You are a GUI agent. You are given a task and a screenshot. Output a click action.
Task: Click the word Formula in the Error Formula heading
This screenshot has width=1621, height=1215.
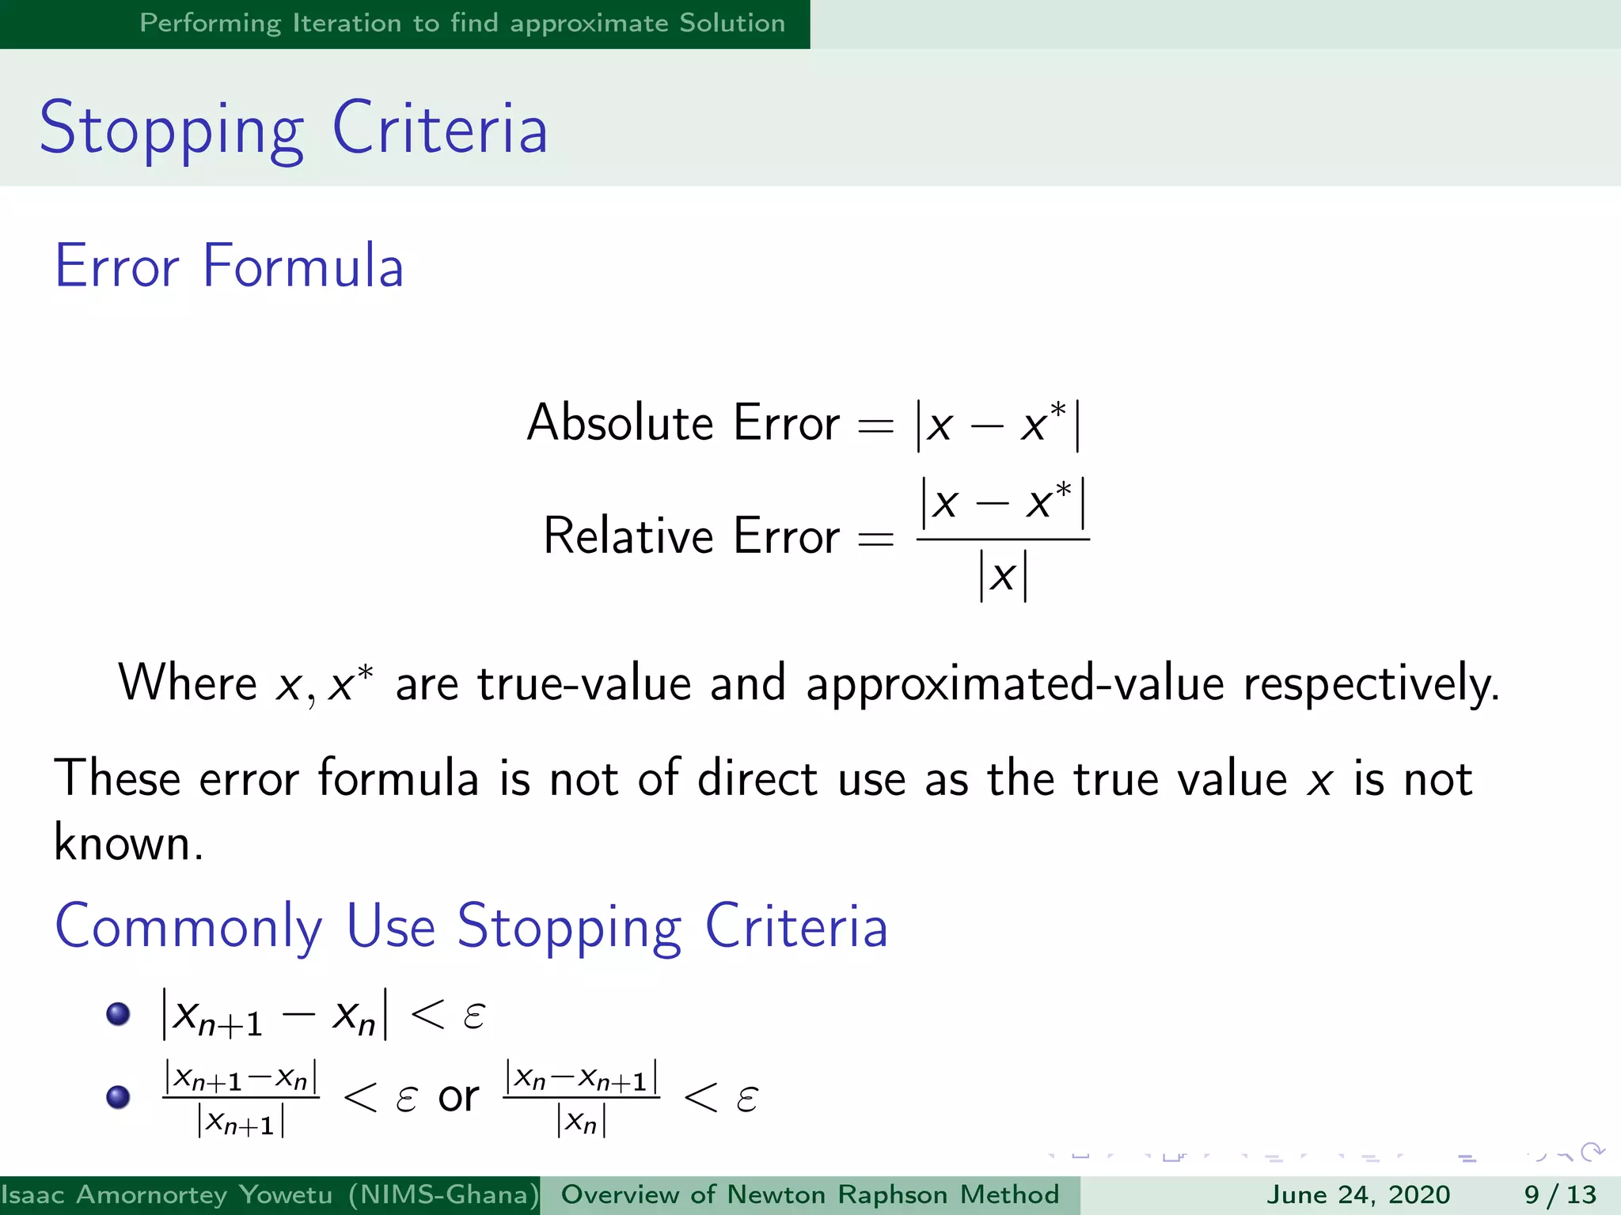[x=302, y=266]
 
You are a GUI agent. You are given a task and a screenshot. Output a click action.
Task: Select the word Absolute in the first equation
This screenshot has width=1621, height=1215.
[x=619, y=422]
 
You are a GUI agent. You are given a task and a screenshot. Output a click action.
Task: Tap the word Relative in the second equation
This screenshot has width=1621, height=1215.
[x=628, y=536]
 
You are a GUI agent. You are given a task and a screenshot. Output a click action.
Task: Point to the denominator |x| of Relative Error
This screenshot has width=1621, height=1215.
[x=1003, y=576]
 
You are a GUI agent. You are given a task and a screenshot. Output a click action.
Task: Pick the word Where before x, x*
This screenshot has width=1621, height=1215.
[x=188, y=683]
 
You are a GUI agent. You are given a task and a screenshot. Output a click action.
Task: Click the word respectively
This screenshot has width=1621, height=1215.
[x=1371, y=684]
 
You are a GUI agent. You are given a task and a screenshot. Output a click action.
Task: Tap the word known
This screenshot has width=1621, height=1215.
[x=127, y=843]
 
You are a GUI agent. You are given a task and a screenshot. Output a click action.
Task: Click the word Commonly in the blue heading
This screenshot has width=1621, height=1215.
[x=188, y=927]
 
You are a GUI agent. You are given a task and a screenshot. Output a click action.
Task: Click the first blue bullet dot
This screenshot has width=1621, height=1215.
[x=118, y=1014]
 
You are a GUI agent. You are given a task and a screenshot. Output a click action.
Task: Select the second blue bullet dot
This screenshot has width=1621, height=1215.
[x=118, y=1097]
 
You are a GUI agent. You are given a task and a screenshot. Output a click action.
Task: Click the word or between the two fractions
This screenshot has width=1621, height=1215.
[x=458, y=1097]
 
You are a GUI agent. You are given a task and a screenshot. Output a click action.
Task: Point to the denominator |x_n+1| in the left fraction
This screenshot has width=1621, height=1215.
[x=241, y=1122]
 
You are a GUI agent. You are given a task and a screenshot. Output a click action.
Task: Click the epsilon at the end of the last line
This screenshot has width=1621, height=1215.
[x=746, y=1099]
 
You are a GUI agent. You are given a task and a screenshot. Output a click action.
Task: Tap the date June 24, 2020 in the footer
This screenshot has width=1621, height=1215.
[x=1358, y=1194]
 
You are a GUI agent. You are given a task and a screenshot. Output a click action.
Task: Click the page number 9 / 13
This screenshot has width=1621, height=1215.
[x=1560, y=1194]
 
